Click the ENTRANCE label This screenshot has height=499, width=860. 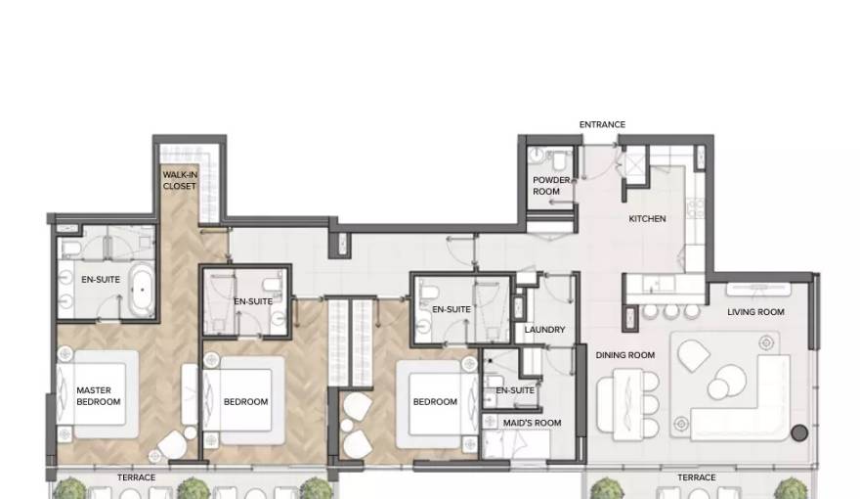tap(602, 124)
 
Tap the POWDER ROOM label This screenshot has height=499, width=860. tap(550, 186)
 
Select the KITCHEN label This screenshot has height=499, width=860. tap(647, 218)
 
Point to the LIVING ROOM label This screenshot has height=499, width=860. tap(755, 312)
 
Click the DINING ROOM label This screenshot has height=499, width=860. tap(625, 355)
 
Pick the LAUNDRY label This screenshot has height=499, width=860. tap(544, 330)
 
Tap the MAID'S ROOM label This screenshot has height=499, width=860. tap(532, 423)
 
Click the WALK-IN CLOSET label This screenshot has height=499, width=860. tap(180, 181)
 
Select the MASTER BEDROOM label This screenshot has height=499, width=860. tap(98, 396)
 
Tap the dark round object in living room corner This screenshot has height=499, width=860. tap(799, 433)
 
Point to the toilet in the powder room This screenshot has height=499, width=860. tap(560, 159)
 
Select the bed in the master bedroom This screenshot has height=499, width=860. tap(98, 394)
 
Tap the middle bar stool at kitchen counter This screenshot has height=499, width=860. tap(671, 311)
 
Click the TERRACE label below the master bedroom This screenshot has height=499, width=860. tap(136, 477)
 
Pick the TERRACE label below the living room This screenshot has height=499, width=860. tap(697, 477)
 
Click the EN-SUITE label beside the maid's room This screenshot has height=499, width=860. tap(515, 390)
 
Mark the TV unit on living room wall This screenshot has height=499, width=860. tap(758, 289)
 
